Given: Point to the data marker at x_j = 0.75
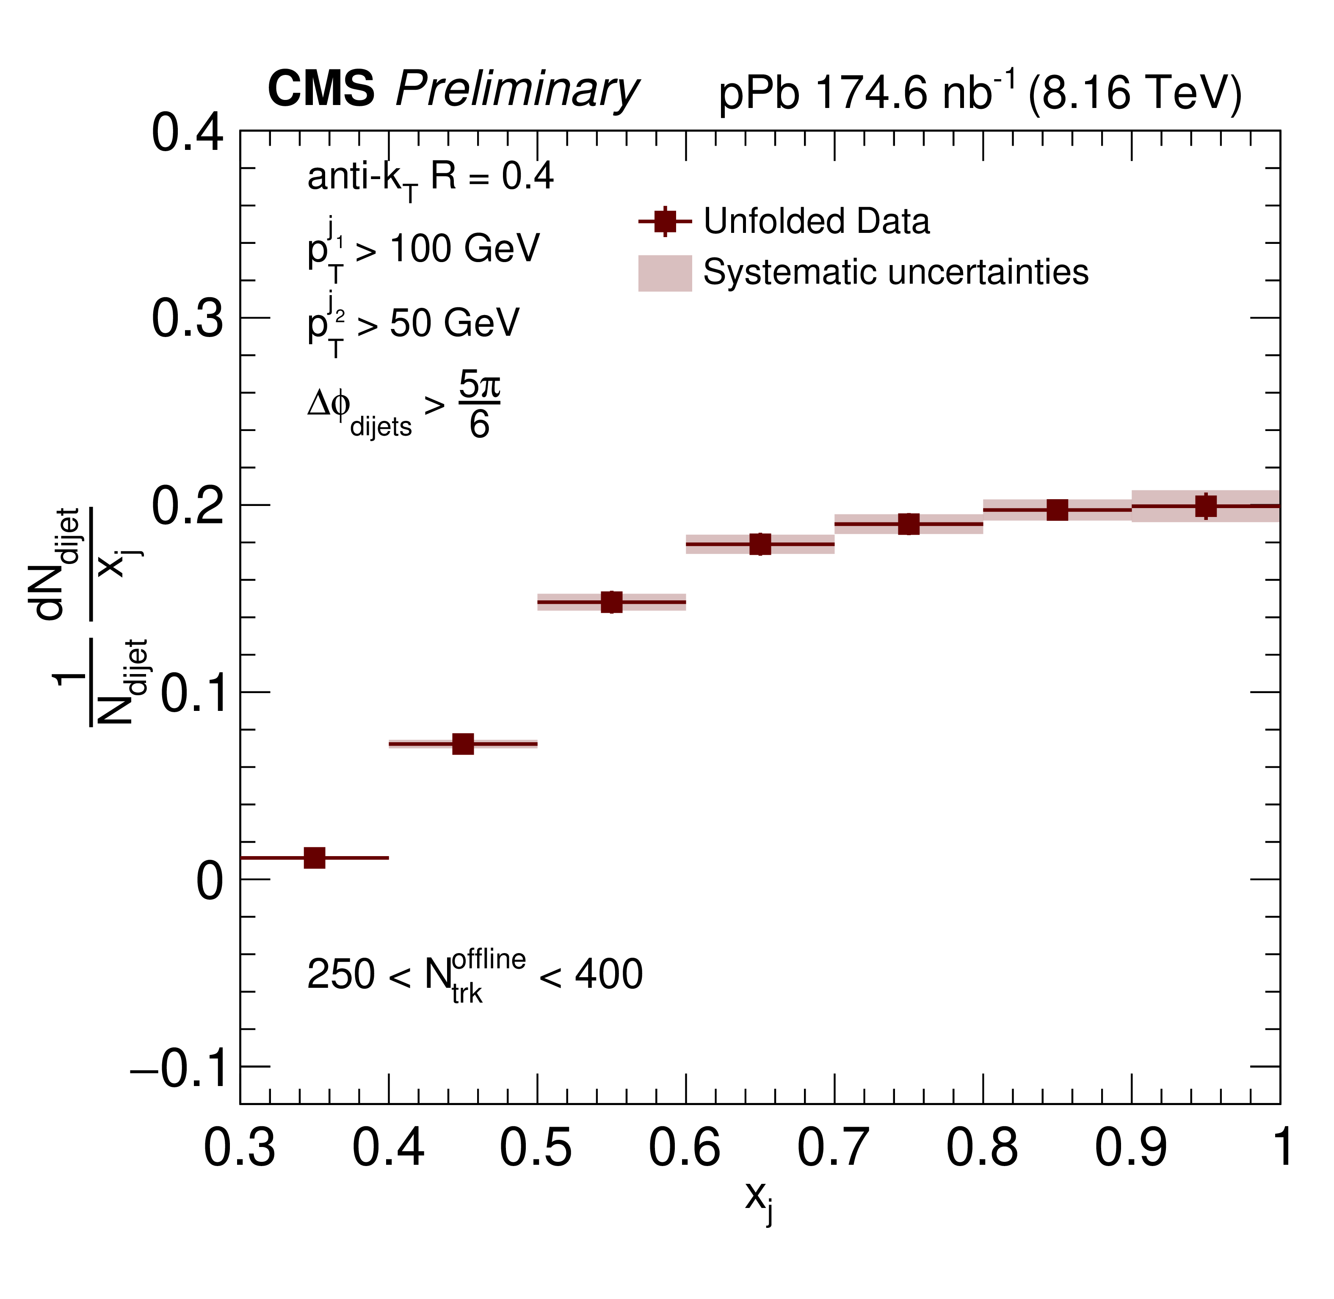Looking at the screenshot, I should [909, 524].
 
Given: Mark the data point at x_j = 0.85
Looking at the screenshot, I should [1057, 510].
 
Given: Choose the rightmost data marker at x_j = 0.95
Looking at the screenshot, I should [1206, 506].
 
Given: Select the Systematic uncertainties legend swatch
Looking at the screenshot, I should [665, 273].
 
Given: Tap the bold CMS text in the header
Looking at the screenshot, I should [320, 88].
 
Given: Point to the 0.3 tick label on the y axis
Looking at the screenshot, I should [187, 318].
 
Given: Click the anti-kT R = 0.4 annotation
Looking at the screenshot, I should [430, 179].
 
